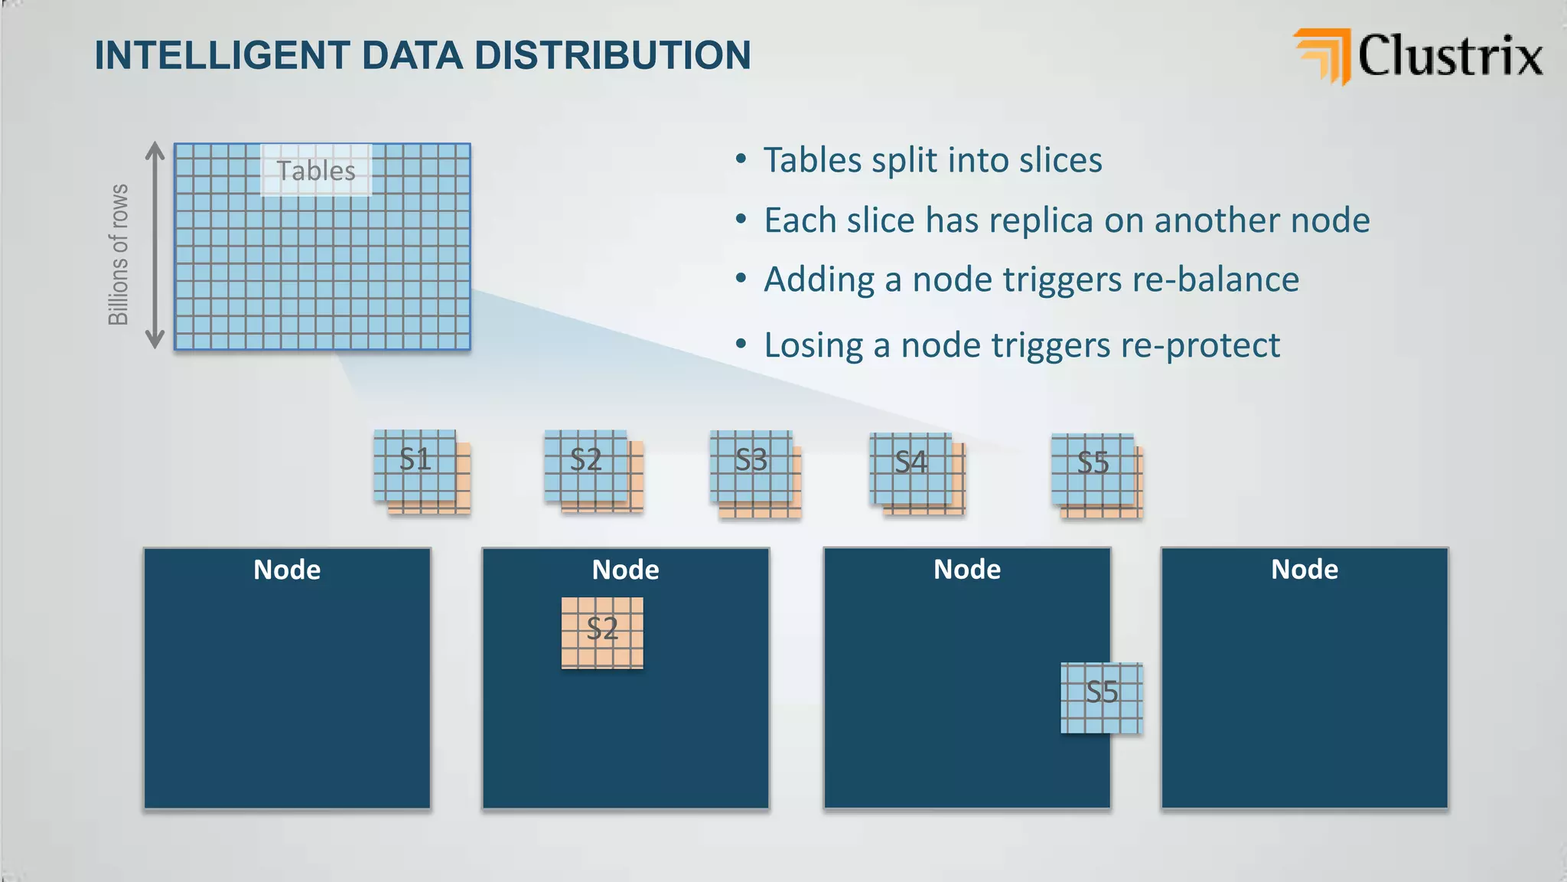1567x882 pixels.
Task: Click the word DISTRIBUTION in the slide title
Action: click(612, 56)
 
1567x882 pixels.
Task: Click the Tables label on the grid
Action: click(316, 171)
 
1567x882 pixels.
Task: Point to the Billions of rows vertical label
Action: click(119, 254)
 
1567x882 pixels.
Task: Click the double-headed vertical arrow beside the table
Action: click(155, 245)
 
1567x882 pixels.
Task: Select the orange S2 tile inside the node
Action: click(602, 632)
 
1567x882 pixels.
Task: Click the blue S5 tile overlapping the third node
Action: click(1102, 697)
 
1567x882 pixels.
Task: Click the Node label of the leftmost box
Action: click(287, 570)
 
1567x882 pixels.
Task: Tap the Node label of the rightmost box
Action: click(1305, 570)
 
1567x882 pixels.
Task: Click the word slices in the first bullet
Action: click(1060, 161)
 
